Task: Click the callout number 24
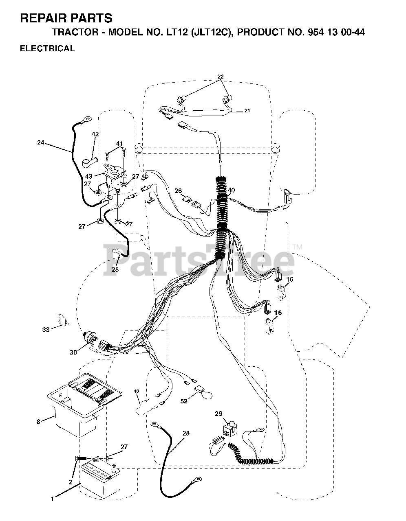pos(40,142)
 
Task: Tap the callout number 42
pos(95,134)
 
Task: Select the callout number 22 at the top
pos(220,77)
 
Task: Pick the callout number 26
pos(178,190)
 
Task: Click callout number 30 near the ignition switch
pos(73,352)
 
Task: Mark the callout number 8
pos(38,422)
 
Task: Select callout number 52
pos(184,401)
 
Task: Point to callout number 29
pos(218,414)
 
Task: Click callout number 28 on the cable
pos(186,433)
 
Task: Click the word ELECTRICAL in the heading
pos(47,48)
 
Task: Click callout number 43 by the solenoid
pos(89,176)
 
